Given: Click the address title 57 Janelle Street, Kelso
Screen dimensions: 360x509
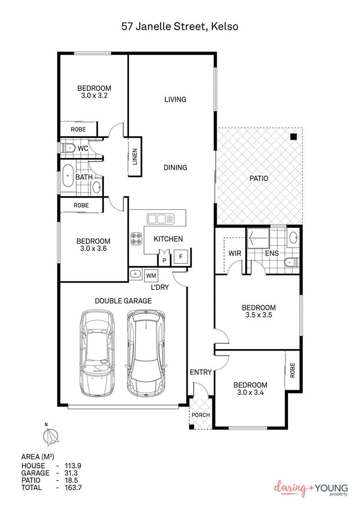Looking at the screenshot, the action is coord(180,26).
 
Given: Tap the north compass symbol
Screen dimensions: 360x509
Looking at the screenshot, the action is coord(51,436).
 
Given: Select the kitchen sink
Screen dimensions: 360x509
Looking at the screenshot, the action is coord(160,219).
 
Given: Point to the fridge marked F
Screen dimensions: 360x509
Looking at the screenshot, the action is coord(181,257).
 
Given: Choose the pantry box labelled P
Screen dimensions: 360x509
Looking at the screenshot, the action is coord(164,260).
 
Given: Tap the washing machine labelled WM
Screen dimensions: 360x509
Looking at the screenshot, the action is coord(151,275).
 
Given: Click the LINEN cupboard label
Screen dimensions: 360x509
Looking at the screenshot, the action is coord(135,157).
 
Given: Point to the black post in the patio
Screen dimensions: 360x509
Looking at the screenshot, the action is coord(293,137).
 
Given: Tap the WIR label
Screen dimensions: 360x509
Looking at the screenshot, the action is coord(235,253).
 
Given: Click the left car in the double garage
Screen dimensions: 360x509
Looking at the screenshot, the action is coord(97,353).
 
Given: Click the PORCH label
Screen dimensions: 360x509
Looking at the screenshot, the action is coord(201,415).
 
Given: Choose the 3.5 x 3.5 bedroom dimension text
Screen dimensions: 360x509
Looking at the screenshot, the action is coord(259,315).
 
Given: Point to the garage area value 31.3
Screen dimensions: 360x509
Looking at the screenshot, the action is coord(71,473).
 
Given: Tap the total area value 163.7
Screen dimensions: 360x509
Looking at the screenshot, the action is coord(73,487).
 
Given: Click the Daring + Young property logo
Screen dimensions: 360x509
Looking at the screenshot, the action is coord(310,489).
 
